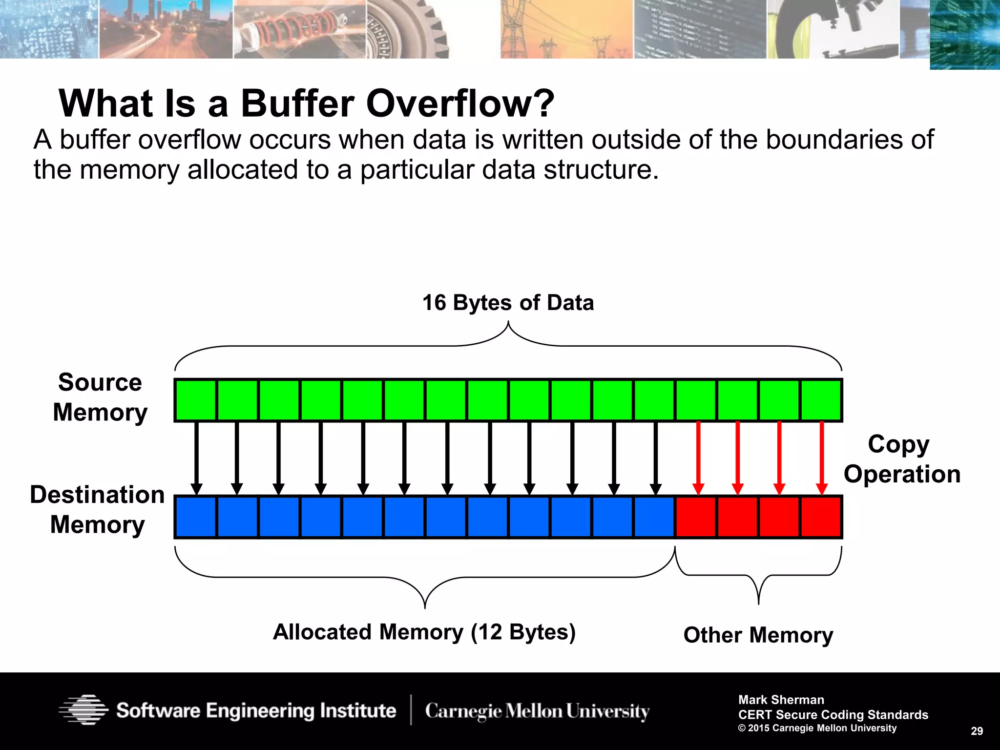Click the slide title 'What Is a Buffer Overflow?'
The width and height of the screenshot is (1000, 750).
click(x=307, y=104)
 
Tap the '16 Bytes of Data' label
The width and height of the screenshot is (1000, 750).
click(x=508, y=303)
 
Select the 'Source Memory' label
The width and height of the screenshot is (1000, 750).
click(x=100, y=397)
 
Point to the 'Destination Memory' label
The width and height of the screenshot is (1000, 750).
click(x=97, y=509)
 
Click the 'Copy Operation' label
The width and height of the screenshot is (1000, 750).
click(x=901, y=459)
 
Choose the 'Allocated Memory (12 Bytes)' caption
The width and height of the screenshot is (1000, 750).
click(x=424, y=632)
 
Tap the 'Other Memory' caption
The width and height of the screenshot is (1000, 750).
click(x=758, y=635)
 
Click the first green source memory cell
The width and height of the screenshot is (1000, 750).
click(x=195, y=400)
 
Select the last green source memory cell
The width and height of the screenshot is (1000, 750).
click(x=821, y=400)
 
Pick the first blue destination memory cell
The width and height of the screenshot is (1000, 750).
click(x=195, y=517)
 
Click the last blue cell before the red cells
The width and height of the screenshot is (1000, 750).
click(x=654, y=517)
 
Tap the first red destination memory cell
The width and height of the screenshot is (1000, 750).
click(x=696, y=517)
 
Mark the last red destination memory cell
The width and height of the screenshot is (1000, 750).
click(x=821, y=517)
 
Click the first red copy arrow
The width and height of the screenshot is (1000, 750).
click(x=698, y=457)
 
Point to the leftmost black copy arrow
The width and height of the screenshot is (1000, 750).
click(x=196, y=457)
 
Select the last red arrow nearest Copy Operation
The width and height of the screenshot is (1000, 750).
click(x=822, y=457)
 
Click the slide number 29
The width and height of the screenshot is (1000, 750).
click(x=977, y=731)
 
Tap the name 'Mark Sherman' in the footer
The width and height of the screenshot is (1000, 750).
click(x=781, y=700)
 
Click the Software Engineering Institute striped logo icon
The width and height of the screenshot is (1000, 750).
click(x=83, y=709)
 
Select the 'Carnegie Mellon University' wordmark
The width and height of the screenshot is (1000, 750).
click(x=537, y=711)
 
